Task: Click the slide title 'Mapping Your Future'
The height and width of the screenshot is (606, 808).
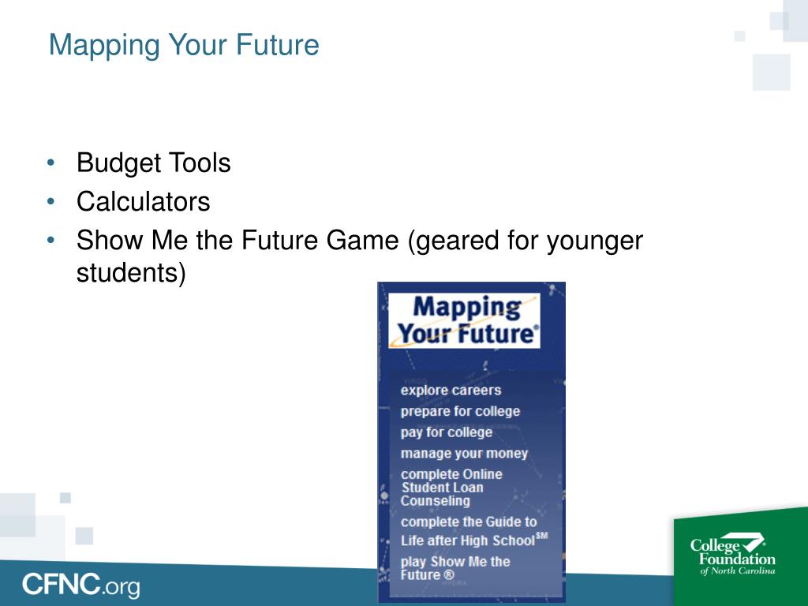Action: pyautogui.click(x=184, y=45)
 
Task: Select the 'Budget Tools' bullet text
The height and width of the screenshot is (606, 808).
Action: pyautogui.click(x=153, y=163)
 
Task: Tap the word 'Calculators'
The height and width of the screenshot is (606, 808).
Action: pyautogui.click(x=143, y=202)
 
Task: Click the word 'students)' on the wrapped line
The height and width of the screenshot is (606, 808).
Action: pyautogui.click(x=131, y=273)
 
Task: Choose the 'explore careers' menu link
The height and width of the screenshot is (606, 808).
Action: pyautogui.click(x=451, y=390)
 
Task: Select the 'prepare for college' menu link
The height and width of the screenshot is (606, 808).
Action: pyautogui.click(x=460, y=411)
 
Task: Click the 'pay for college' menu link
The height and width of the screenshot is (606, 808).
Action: pyautogui.click(x=446, y=432)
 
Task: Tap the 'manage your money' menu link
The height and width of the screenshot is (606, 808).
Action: pyautogui.click(x=464, y=454)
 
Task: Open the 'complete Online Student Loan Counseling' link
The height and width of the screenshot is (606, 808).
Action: pyautogui.click(x=451, y=487)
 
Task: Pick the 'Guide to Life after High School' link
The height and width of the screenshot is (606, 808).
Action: pyautogui.click(x=469, y=531)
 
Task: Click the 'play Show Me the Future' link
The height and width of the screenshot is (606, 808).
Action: pyautogui.click(x=455, y=568)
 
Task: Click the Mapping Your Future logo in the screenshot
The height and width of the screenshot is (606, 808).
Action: pyautogui.click(x=464, y=320)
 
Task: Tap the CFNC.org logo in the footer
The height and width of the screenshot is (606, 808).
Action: pyautogui.click(x=80, y=585)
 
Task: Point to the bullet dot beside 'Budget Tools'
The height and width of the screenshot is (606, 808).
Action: pyautogui.click(x=51, y=163)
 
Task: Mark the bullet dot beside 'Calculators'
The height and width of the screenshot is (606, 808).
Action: pyautogui.click(x=51, y=202)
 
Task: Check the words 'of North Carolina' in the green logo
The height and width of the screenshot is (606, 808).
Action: pyautogui.click(x=738, y=570)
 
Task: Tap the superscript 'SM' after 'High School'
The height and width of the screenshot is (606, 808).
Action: pyautogui.click(x=541, y=536)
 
